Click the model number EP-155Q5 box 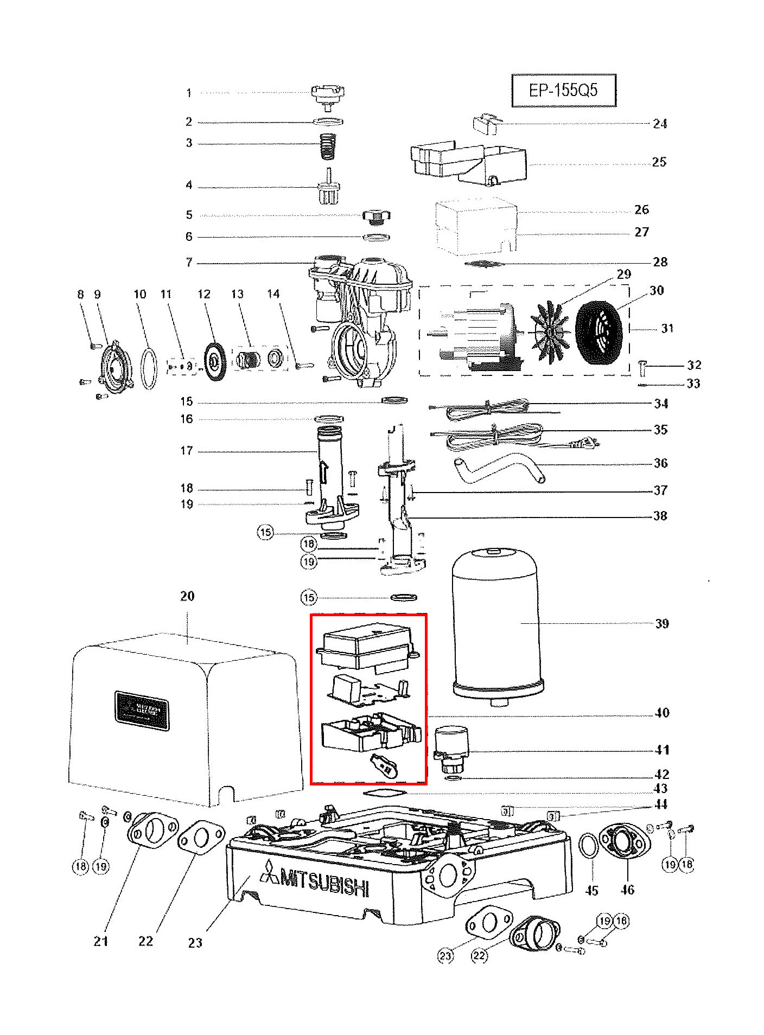pyautogui.click(x=563, y=90)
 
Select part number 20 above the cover pyautogui.click(x=187, y=596)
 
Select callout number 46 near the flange pyautogui.click(x=627, y=890)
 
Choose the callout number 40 pyautogui.click(x=662, y=713)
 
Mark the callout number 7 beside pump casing pyautogui.click(x=189, y=263)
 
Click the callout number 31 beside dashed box pyautogui.click(x=667, y=329)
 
